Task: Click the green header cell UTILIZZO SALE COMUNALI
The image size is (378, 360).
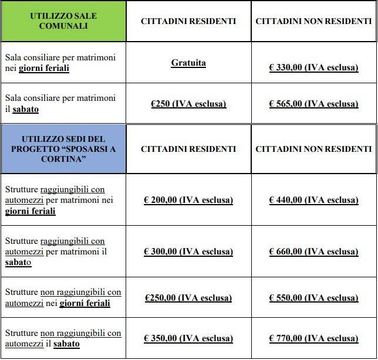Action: coord(63,21)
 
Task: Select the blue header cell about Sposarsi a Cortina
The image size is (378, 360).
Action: coord(63,148)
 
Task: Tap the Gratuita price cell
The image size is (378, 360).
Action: coord(188,63)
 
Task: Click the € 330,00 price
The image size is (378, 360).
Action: coord(313,67)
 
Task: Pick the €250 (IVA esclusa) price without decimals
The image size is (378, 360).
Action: coord(188,104)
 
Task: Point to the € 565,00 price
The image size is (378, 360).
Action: coord(313,104)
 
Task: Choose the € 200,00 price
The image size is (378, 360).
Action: coord(188,200)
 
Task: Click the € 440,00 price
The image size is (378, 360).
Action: coord(313,200)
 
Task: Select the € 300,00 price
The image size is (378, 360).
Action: coord(188,252)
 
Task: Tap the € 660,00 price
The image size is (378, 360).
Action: coord(313,252)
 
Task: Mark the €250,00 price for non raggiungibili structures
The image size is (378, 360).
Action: coord(188,298)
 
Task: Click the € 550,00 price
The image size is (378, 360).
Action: coord(313,298)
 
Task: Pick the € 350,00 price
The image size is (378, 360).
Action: coord(188,338)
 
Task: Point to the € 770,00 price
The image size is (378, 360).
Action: coord(313,338)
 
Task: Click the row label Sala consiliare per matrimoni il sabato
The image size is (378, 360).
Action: coord(60,103)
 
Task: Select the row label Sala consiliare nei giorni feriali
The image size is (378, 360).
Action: coord(60,63)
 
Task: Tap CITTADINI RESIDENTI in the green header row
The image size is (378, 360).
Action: coord(188,21)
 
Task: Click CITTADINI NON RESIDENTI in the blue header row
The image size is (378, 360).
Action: coord(313,149)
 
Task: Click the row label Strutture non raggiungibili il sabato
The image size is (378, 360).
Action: coord(63,338)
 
